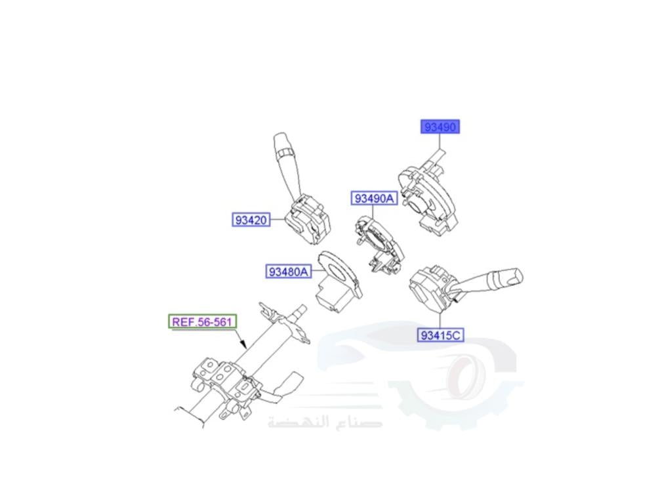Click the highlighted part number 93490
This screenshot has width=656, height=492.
point(440,127)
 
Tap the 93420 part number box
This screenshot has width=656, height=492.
point(251,220)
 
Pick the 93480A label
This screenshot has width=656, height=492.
point(287,271)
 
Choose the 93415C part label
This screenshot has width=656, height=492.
point(441,335)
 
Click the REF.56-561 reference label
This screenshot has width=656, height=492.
point(203,321)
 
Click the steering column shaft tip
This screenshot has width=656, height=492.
point(302,308)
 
